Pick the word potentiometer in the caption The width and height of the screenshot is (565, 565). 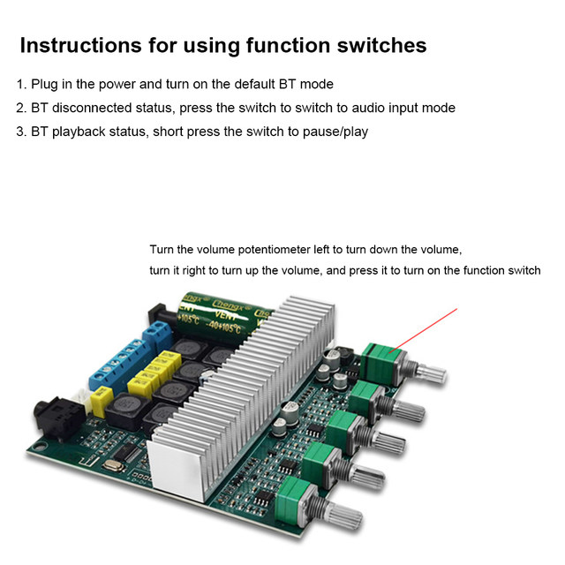(275, 250)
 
